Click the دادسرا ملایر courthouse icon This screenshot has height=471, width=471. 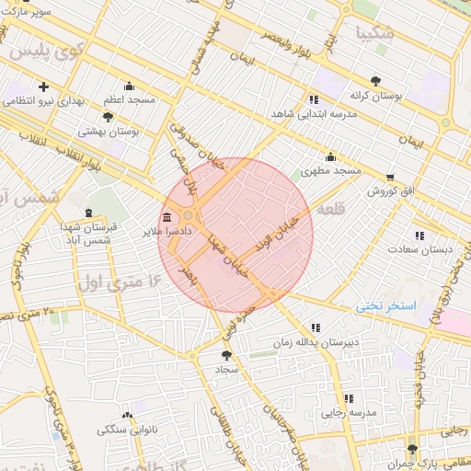pyautogui.click(x=167, y=218)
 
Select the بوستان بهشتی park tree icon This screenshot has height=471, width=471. pyautogui.click(x=109, y=117)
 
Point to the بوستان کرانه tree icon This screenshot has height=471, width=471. pyautogui.click(x=374, y=80)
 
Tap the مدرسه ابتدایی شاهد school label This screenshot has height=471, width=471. pyautogui.click(x=312, y=114)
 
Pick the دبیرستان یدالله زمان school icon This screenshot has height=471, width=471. pyautogui.click(x=316, y=327)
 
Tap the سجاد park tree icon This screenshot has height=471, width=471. pyautogui.click(x=227, y=353)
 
